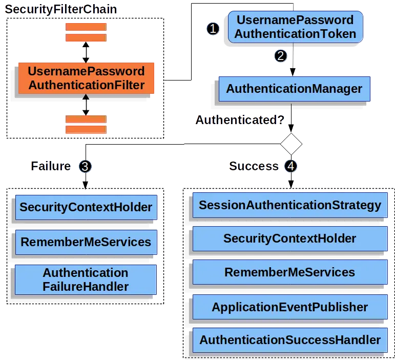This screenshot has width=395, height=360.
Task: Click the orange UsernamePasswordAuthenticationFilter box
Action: [x=86, y=78]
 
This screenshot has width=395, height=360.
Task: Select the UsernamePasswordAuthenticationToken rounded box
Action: [x=295, y=27]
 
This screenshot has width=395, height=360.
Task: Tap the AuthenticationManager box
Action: [x=294, y=89]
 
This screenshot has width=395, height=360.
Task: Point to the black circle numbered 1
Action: [x=213, y=29]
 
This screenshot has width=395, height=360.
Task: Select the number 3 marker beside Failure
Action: [x=85, y=166]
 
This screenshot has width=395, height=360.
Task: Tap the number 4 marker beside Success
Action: [x=291, y=166]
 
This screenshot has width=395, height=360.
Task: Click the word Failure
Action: [x=50, y=166]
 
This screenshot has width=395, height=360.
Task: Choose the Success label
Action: [x=254, y=166]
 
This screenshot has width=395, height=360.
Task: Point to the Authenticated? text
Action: [x=239, y=121]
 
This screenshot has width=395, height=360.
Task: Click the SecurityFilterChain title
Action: [x=61, y=9]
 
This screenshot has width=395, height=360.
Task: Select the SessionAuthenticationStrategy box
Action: [x=290, y=206]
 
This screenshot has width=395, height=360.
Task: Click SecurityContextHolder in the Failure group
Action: [x=86, y=207]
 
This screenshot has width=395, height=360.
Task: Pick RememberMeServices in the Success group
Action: [x=290, y=272]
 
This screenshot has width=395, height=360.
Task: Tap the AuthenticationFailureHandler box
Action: [x=86, y=279]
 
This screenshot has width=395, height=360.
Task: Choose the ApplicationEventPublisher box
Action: [x=290, y=307]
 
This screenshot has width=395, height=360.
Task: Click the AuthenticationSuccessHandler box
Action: [x=290, y=340]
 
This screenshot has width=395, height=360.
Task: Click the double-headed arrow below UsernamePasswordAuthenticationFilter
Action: [x=86, y=105]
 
